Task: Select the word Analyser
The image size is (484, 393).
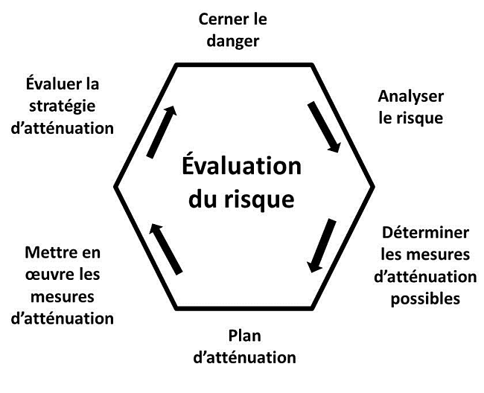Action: point(411,96)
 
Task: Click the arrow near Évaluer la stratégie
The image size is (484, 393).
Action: point(162,132)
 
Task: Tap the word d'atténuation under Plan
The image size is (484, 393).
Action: point(244,357)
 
